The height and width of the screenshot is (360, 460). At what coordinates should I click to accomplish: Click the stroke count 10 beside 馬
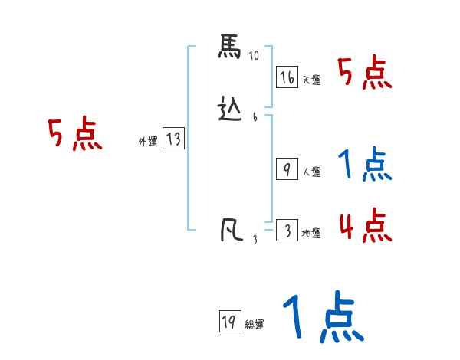coord(255,56)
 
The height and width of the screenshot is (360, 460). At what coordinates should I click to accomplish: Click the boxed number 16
coord(287,77)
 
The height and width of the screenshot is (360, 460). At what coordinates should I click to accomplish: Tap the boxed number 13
coord(173,139)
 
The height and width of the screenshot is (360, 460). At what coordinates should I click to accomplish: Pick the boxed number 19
coord(228,322)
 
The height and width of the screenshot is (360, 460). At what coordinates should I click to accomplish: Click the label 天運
coord(311,80)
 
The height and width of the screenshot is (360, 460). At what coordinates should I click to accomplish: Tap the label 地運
coord(311,234)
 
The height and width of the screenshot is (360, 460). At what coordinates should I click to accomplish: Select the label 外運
coord(147,142)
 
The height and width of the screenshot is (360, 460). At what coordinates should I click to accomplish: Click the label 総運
coord(254,325)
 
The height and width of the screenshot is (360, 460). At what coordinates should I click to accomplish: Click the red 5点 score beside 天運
coord(364,74)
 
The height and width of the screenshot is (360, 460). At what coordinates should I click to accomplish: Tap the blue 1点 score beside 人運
coord(365,164)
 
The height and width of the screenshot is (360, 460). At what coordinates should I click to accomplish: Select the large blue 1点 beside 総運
coord(321,318)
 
